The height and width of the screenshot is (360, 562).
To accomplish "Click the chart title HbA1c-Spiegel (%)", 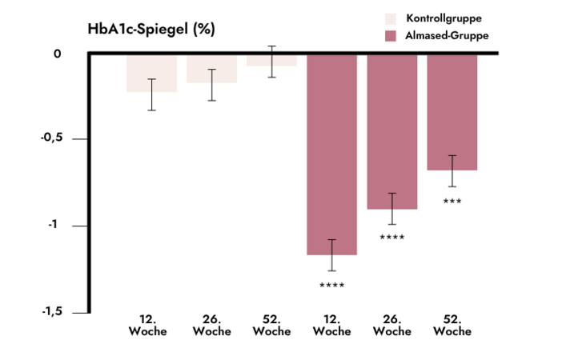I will pos(151,29).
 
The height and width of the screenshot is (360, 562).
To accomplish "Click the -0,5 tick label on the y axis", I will pos(51,138).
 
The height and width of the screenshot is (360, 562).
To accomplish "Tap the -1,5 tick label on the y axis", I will pos(51,312).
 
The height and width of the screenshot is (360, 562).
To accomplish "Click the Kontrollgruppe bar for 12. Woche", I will pos(151,73).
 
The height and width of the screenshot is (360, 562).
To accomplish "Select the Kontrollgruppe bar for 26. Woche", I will pos(211,69).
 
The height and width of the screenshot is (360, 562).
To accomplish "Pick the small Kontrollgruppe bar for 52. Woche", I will pos(271,60).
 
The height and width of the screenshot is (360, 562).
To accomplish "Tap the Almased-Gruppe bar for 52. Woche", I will pos(452,113).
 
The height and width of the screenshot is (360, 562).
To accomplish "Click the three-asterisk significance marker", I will pos(452,202).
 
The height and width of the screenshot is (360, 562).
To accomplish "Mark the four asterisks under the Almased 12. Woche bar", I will pos(331,286).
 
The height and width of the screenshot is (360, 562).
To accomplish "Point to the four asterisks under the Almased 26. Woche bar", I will pos(391,238).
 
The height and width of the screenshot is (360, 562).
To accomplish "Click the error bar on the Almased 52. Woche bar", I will pos(452,170).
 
